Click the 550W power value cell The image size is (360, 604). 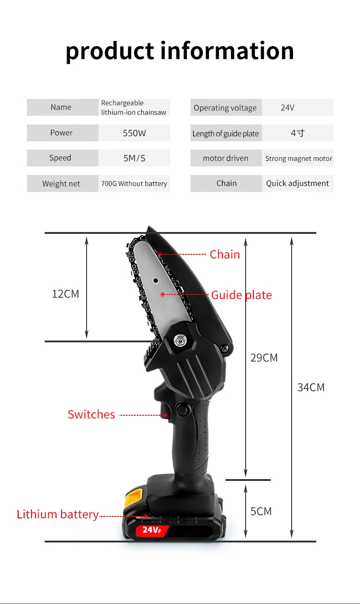point(134,133)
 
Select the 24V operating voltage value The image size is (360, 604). point(288,108)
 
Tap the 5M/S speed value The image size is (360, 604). point(134,158)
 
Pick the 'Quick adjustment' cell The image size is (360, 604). point(298,183)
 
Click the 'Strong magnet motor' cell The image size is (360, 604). point(298,159)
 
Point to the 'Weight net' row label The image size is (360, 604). point(61,184)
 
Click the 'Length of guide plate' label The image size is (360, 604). point(226,134)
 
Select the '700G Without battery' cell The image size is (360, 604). point(134,184)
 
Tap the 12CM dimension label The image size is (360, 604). point(66,294)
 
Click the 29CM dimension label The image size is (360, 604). point(264,358)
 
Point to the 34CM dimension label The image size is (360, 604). point(311,387)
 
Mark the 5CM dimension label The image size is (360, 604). point(261,511)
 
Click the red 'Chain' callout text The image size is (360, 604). point(225,254)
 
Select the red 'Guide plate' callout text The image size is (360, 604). point(242,295)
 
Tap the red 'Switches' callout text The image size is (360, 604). point(91,414)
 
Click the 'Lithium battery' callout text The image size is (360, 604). point(57,514)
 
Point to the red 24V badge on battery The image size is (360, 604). point(152,530)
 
